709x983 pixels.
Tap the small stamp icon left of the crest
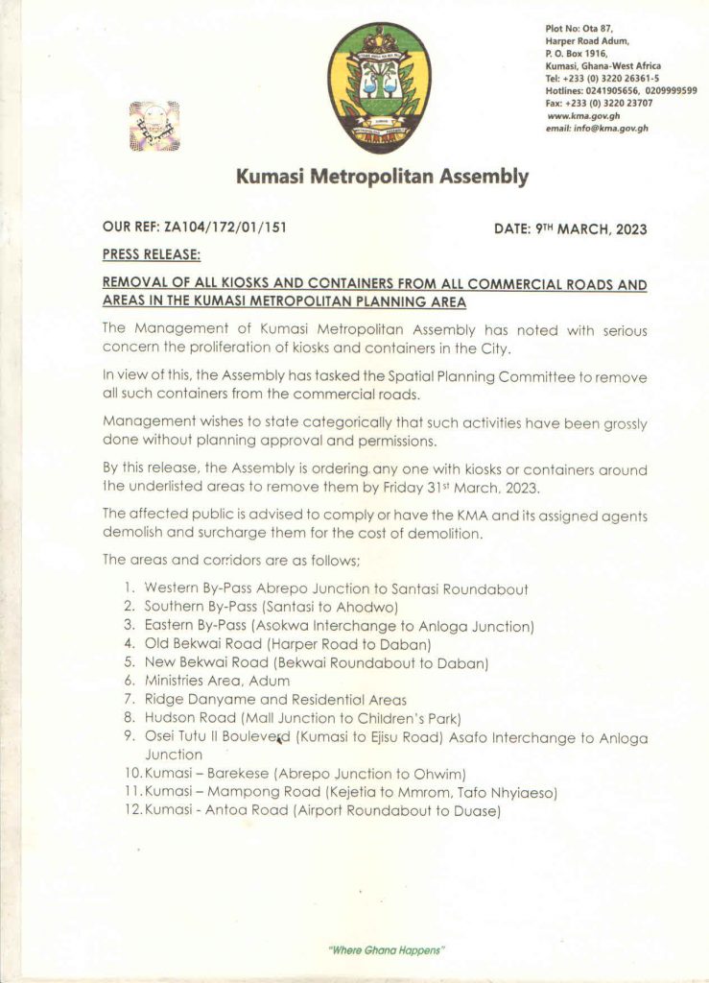[154, 126]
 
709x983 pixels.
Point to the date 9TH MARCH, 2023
[590, 229]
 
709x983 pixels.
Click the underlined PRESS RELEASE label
[151, 256]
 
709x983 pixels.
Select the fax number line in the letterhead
[599, 104]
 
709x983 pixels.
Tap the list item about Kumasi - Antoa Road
[321, 811]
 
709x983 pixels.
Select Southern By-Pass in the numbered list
[189, 607]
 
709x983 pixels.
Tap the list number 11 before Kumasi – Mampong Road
[132, 792]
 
